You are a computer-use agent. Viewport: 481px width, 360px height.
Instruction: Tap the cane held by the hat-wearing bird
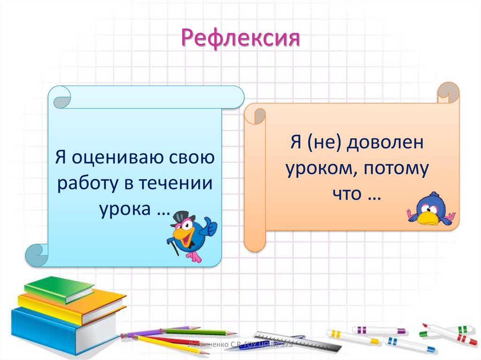[x=174, y=247]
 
